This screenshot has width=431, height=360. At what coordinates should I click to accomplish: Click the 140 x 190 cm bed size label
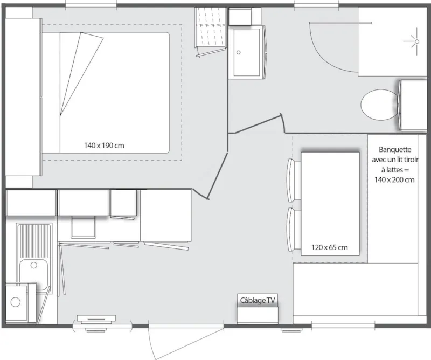click(107, 145)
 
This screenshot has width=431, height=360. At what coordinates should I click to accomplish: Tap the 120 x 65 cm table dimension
click(329, 247)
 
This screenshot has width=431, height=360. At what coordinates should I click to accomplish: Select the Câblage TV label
click(258, 300)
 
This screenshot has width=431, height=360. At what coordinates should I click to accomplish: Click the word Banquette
click(395, 150)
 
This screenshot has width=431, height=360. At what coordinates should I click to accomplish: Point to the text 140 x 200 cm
click(394, 180)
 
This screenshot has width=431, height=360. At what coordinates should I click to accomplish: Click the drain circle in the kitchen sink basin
click(34, 265)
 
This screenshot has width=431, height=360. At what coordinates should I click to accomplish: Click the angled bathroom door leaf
click(255, 123)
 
